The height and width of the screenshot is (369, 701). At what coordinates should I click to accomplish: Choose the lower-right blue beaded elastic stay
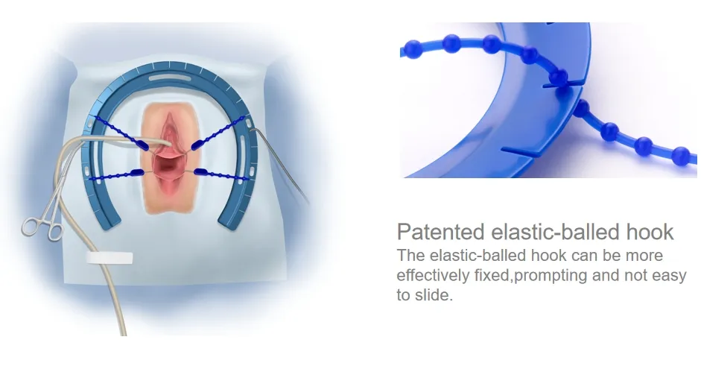click(x=223, y=175)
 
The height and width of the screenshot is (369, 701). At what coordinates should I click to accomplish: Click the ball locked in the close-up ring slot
click(x=560, y=77)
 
